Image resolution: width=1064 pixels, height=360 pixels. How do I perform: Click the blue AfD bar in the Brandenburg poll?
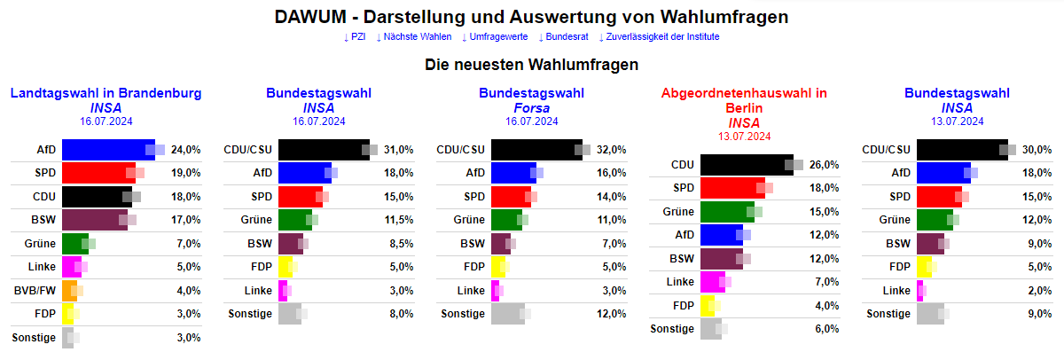click(x=106, y=150)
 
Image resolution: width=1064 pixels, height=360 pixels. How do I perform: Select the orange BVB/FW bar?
click(x=69, y=290)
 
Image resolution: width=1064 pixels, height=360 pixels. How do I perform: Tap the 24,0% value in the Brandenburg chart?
click(x=187, y=150)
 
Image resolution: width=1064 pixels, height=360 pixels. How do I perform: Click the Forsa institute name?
click(x=532, y=107)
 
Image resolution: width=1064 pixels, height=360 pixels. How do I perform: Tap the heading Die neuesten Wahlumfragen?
click(x=532, y=65)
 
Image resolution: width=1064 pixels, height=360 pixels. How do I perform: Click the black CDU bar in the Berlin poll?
click(x=747, y=164)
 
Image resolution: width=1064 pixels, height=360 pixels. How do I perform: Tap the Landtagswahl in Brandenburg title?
click(x=106, y=93)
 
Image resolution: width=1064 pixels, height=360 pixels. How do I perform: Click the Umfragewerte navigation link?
click(x=495, y=36)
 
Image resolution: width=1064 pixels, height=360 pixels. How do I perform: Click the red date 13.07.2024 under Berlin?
click(x=744, y=136)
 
